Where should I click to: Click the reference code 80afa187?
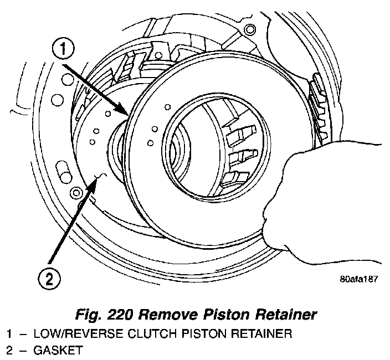coord(358,279)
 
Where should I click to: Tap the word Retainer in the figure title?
coord(280,316)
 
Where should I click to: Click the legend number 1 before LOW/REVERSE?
coord(9,334)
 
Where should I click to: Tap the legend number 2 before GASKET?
coord(9,351)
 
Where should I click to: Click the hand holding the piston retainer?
coord(310,194)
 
